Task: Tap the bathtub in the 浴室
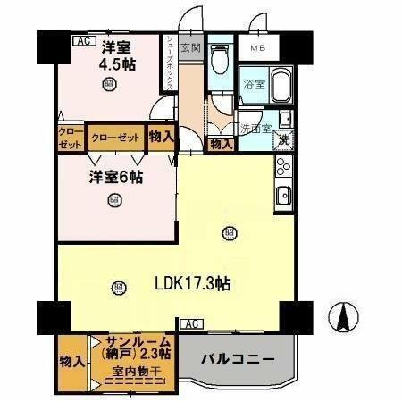[280, 87]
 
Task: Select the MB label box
[258, 48]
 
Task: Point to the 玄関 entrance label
[190, 48]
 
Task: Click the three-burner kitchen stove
[282, 168]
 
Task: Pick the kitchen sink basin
[283, 197]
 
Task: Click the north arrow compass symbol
[345, 315]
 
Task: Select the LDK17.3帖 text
[194, 283]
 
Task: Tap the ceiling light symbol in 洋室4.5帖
[108, 85]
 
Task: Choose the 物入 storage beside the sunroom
[71, 362]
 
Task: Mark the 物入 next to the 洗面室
[220, 143]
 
